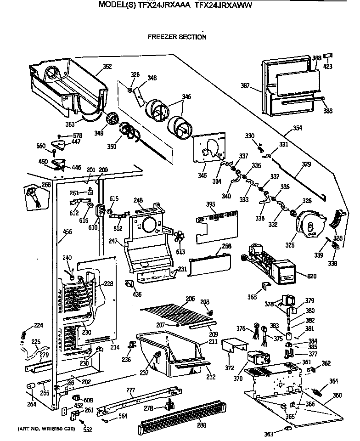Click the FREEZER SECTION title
coord(176,37)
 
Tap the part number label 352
coord(107,67)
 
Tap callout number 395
coord(210,204)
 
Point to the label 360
coord(337,395)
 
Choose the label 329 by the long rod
coord(306,164)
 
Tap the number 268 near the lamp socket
coord(45,185)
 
